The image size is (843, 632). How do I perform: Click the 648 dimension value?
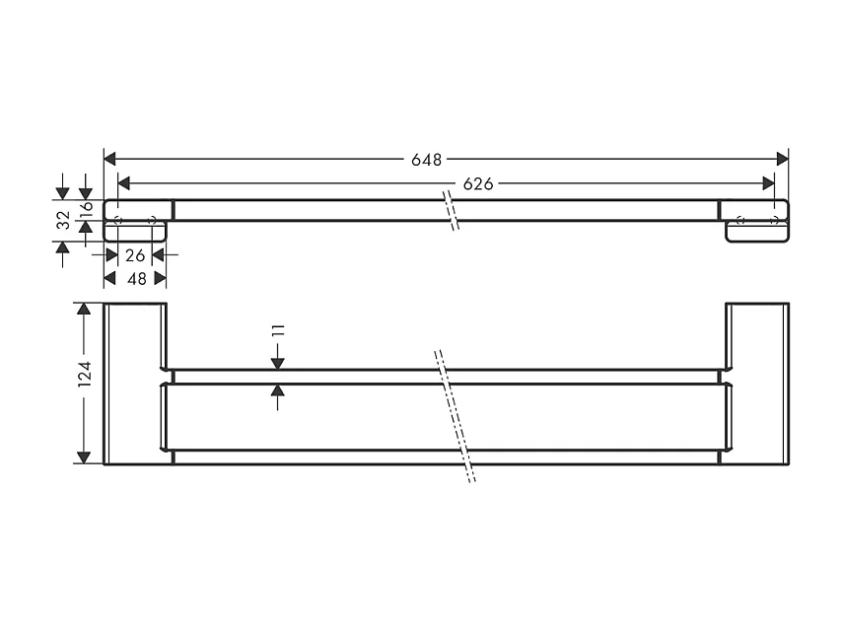427,159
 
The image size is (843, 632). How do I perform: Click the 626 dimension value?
478,183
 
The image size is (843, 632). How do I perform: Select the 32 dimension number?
63,219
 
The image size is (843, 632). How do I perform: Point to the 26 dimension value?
135,255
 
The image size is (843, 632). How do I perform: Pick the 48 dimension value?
135,279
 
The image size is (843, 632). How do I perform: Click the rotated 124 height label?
85,375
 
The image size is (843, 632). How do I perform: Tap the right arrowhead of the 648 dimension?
783,159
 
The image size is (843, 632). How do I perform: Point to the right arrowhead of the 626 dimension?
768,183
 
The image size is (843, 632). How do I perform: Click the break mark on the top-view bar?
452,209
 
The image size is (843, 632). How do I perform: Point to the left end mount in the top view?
137,219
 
